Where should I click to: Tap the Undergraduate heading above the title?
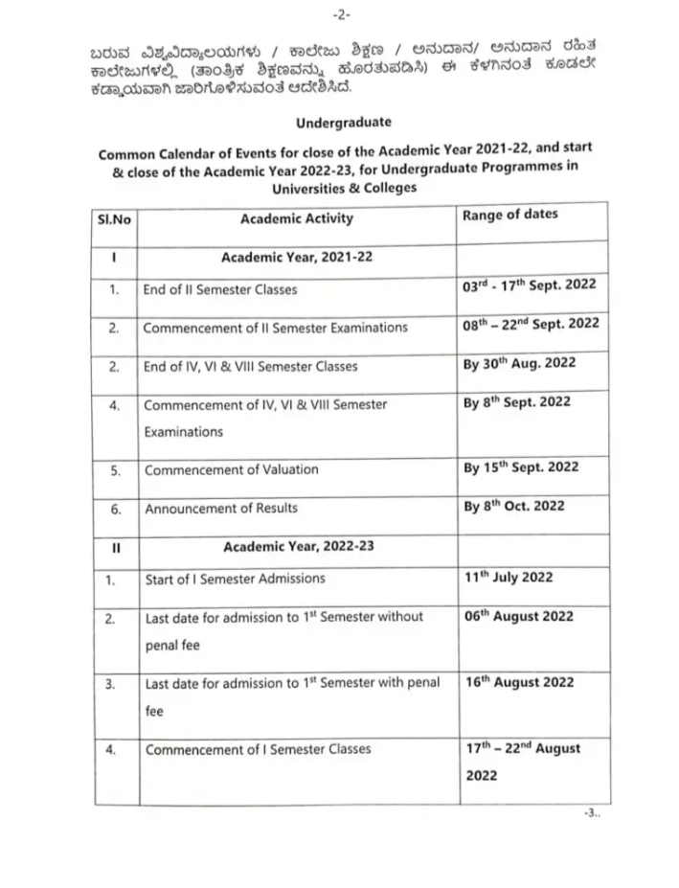343,123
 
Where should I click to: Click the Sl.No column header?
115,219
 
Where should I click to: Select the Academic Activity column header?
297,218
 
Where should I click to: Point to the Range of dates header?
509,215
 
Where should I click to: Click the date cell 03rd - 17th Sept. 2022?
530,286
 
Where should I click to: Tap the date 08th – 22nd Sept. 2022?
532,324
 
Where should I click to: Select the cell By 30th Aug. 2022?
520,364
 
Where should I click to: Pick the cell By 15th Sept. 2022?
521,467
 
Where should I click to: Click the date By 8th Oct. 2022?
514,506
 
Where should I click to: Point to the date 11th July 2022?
509,578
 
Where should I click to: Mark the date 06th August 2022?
519,616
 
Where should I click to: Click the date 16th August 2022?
519,682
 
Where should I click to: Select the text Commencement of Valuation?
232,470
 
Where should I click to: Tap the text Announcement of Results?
221,509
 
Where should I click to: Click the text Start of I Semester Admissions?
235,579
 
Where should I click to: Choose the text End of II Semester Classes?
220,289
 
